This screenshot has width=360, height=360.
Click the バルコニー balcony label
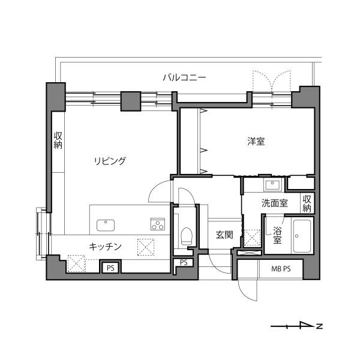pyautogui.click(x=184, y=77)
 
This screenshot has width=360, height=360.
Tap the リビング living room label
pyautogui.click(x=110, y=161)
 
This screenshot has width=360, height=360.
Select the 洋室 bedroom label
pyautogui.click(x=256, y=141)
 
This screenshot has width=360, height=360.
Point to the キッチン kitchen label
pyautogui.click(x=105, y=247)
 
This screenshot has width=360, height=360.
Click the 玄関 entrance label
pyautogui.click(x=224, y=235)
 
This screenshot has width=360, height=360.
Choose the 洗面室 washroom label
pyautogui.click(x=275, y=203)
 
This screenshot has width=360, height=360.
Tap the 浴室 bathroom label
pyautogui.click(x=277, y=235)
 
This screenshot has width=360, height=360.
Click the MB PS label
pyautogui.click(x=281, y=269)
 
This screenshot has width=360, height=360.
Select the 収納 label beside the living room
pyautogui.click(x=58, y=140)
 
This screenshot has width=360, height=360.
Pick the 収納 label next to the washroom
pyautogui.click(x=307, y=203)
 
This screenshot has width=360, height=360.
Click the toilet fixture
pyautogui.click(x=186, y=236)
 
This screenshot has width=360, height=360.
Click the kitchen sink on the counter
pyautogui.click(x=106, y=225)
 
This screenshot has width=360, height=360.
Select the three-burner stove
pyautogui.click(x=158, y=224)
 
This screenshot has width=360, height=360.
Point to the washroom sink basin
pyautogui.click(x=272, y=185)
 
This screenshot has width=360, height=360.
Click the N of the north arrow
pyautogui.click(x=319, y=326)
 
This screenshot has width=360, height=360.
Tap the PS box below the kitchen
pyautogui.click(x=111, y=267)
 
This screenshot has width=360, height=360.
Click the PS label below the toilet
pyautogui.click(x=184, y=262)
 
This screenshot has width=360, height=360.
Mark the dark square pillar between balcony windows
pyautogui.click(x=131, y=101)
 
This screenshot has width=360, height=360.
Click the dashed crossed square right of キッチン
pyautogui.click(x=146, y=247)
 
